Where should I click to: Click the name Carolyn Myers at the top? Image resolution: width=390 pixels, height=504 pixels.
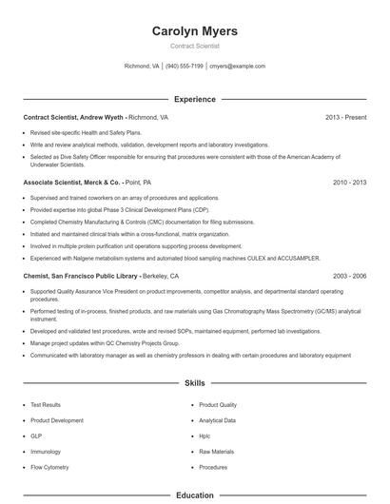194,31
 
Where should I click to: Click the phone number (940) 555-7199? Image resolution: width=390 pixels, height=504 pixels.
185,67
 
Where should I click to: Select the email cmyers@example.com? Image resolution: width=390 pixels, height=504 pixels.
237,67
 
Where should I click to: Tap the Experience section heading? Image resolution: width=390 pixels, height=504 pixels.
194,99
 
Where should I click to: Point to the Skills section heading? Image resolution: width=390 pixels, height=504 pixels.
194,383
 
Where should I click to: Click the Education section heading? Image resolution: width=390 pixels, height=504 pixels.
194,495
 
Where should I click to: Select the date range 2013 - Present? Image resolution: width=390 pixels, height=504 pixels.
345,118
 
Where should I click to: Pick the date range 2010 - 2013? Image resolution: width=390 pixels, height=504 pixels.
349,181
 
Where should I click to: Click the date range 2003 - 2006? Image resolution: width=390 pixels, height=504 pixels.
349,275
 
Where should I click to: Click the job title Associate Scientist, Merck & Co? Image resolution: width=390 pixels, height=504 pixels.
72,181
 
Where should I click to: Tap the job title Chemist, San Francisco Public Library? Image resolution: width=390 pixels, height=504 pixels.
83,275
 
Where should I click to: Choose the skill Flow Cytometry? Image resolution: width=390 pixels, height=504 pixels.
50,468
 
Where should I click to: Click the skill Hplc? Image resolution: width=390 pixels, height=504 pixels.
205,436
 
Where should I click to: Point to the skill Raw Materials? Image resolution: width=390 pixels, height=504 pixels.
216,452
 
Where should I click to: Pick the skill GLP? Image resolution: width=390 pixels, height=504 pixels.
37,436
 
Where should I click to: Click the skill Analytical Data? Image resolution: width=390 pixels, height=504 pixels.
218,419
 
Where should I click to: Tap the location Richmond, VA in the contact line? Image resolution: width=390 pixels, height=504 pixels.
142,67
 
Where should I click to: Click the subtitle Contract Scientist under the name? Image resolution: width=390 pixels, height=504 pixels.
194,46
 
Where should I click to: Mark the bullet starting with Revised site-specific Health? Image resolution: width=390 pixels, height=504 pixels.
85,134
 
